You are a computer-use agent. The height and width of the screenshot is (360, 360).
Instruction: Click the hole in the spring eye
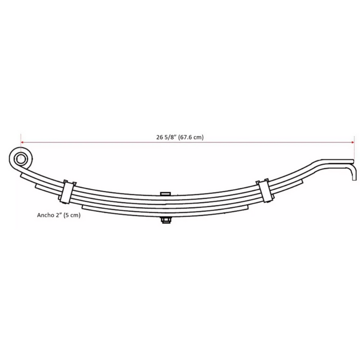pos(21,159)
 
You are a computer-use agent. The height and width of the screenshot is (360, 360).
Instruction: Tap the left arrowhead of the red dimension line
pos(22,142)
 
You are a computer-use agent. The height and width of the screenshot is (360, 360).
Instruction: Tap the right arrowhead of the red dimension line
pos(353,142)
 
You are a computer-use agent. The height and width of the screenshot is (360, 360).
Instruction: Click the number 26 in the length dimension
pos(160,137)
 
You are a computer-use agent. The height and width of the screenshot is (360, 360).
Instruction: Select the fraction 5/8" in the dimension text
pos(170,137)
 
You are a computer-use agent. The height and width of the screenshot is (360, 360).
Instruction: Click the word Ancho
pos(45,215)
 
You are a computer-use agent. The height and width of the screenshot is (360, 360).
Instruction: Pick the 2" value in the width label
pos(58,215)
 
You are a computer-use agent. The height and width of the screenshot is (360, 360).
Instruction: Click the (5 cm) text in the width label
pos(72,215)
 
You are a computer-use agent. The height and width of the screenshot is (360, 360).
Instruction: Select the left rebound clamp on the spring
pos(67,192)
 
